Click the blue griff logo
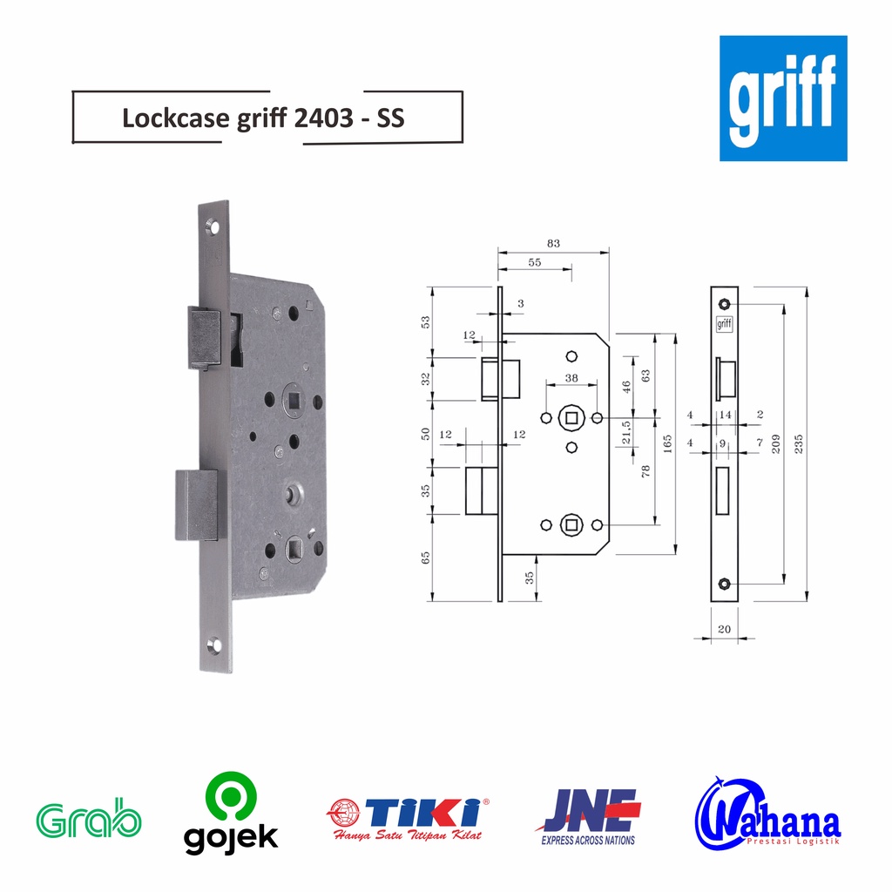(x=782, y=98)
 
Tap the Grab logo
(x=88, y=820)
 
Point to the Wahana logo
(x=767, y=818)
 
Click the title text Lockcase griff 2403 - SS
(x=263, y=118)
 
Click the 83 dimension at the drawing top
(x=552, y=243)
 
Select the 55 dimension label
(x=535, y=262)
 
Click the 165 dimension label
(x=667, y=443)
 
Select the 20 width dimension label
(x=724, y=628)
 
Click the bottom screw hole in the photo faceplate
(x=215, y=645)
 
